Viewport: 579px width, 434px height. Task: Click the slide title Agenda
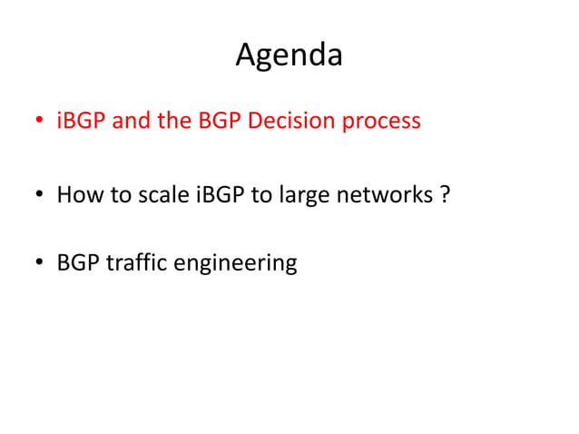point(289,55)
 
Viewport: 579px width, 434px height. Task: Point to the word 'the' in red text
point(174,121)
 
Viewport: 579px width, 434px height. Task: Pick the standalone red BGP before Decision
point(218,121)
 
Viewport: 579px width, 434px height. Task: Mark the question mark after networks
point(444,193)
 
